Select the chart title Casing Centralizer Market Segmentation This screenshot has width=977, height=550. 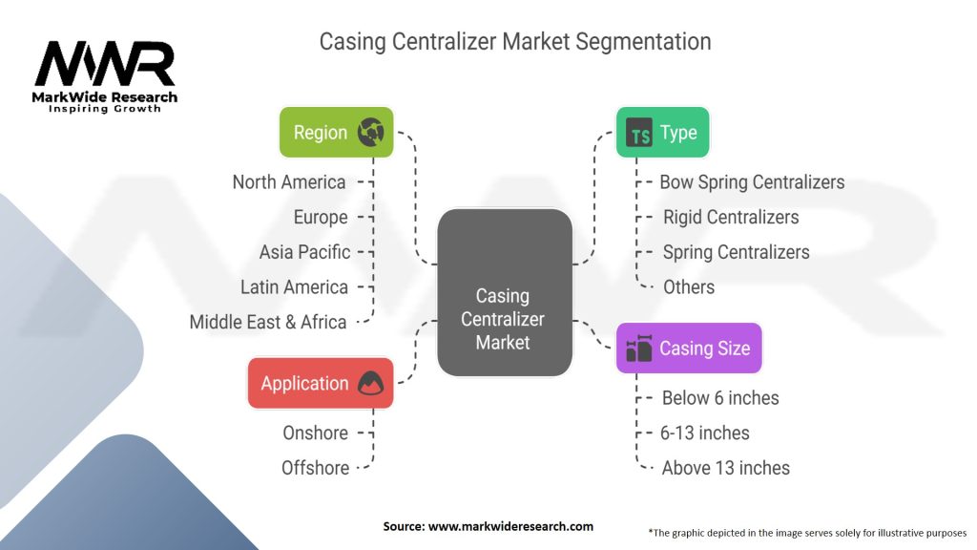(514, 42)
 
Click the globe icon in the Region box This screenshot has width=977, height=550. (370, 133)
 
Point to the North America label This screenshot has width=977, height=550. (289, 181)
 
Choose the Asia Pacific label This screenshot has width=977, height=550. (304, 252)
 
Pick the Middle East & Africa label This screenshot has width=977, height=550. (267, 322)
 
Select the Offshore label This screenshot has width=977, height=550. (315, 468)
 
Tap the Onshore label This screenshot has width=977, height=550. (315, 433)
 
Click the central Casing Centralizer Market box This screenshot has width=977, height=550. (504, 292)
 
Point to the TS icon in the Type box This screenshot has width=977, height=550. (640, 134)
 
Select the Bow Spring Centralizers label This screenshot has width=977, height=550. (752, 181)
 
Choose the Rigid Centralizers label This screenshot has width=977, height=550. (731, 217)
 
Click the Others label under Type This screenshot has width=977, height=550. (689, 286)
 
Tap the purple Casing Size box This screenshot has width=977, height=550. (689, 348)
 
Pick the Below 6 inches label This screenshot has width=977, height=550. (720, 398)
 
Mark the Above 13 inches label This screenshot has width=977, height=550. (725, 468)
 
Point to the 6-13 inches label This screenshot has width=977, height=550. (706, 433)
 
